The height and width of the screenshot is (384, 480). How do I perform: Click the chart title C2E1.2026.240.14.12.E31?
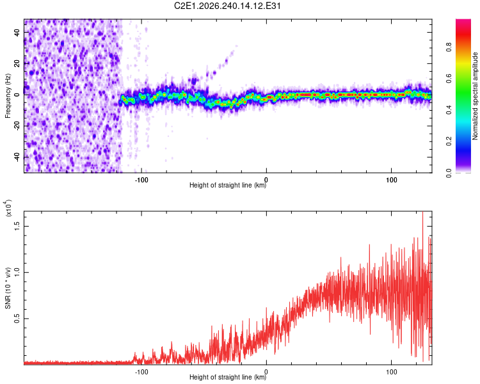coord(227,6)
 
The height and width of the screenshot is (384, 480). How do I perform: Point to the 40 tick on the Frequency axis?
coord(17,32)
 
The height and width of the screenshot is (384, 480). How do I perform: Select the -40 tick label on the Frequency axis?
coord(17,157)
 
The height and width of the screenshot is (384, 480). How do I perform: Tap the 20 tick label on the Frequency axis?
coord(17,63)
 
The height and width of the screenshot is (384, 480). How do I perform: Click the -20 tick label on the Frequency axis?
coord(17,126)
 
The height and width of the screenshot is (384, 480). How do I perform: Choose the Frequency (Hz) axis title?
coord(8,96)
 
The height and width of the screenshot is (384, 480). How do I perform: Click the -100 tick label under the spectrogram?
coord(141,180)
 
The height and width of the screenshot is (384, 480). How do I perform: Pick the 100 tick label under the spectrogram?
coord(392,180)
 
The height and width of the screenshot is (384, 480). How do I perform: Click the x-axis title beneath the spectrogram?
coord(228,185)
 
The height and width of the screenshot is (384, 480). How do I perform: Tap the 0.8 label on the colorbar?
coord(449,47)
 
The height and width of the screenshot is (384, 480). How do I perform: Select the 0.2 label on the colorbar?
coord(449,141)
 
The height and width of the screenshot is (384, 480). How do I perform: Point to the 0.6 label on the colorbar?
coord(449,79)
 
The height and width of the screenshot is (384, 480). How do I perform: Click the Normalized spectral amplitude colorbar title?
coord(475,96)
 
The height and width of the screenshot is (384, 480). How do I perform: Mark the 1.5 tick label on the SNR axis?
coord(17,227)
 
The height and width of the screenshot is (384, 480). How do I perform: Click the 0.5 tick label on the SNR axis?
coord(17,319)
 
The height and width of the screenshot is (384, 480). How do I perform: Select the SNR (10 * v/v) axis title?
coord(8,288)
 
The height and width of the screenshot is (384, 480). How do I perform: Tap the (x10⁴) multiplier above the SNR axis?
coord(8,208)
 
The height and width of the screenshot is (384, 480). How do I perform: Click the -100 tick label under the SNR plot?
coord(141,372)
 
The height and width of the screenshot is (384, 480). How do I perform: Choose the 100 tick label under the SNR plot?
coord(392,372)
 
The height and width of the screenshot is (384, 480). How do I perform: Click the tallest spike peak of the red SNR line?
coord(423,212)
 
